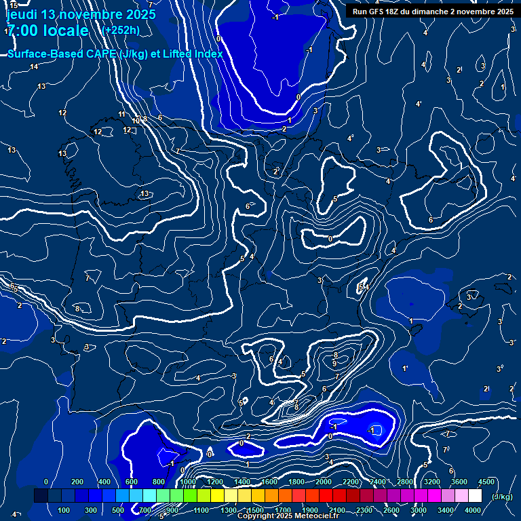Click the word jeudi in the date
click(x=21, y=14)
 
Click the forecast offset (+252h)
click(x=120, y=30)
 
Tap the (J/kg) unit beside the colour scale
click(x=501, y=497)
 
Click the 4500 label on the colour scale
click(x=486, y=482)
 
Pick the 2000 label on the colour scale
click(x=324, y=482)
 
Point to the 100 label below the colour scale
click(x=64, y=510)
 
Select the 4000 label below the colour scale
click(x=473, y=510)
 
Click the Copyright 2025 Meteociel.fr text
click(x=288, y=516)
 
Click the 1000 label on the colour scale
click(x=188, y=482)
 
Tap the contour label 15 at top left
click(x=14, y=6)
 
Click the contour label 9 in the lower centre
click(x=334, y=364)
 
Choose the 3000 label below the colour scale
click(x=419, y=510)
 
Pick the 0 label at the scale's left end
click(x=46, y=482)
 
